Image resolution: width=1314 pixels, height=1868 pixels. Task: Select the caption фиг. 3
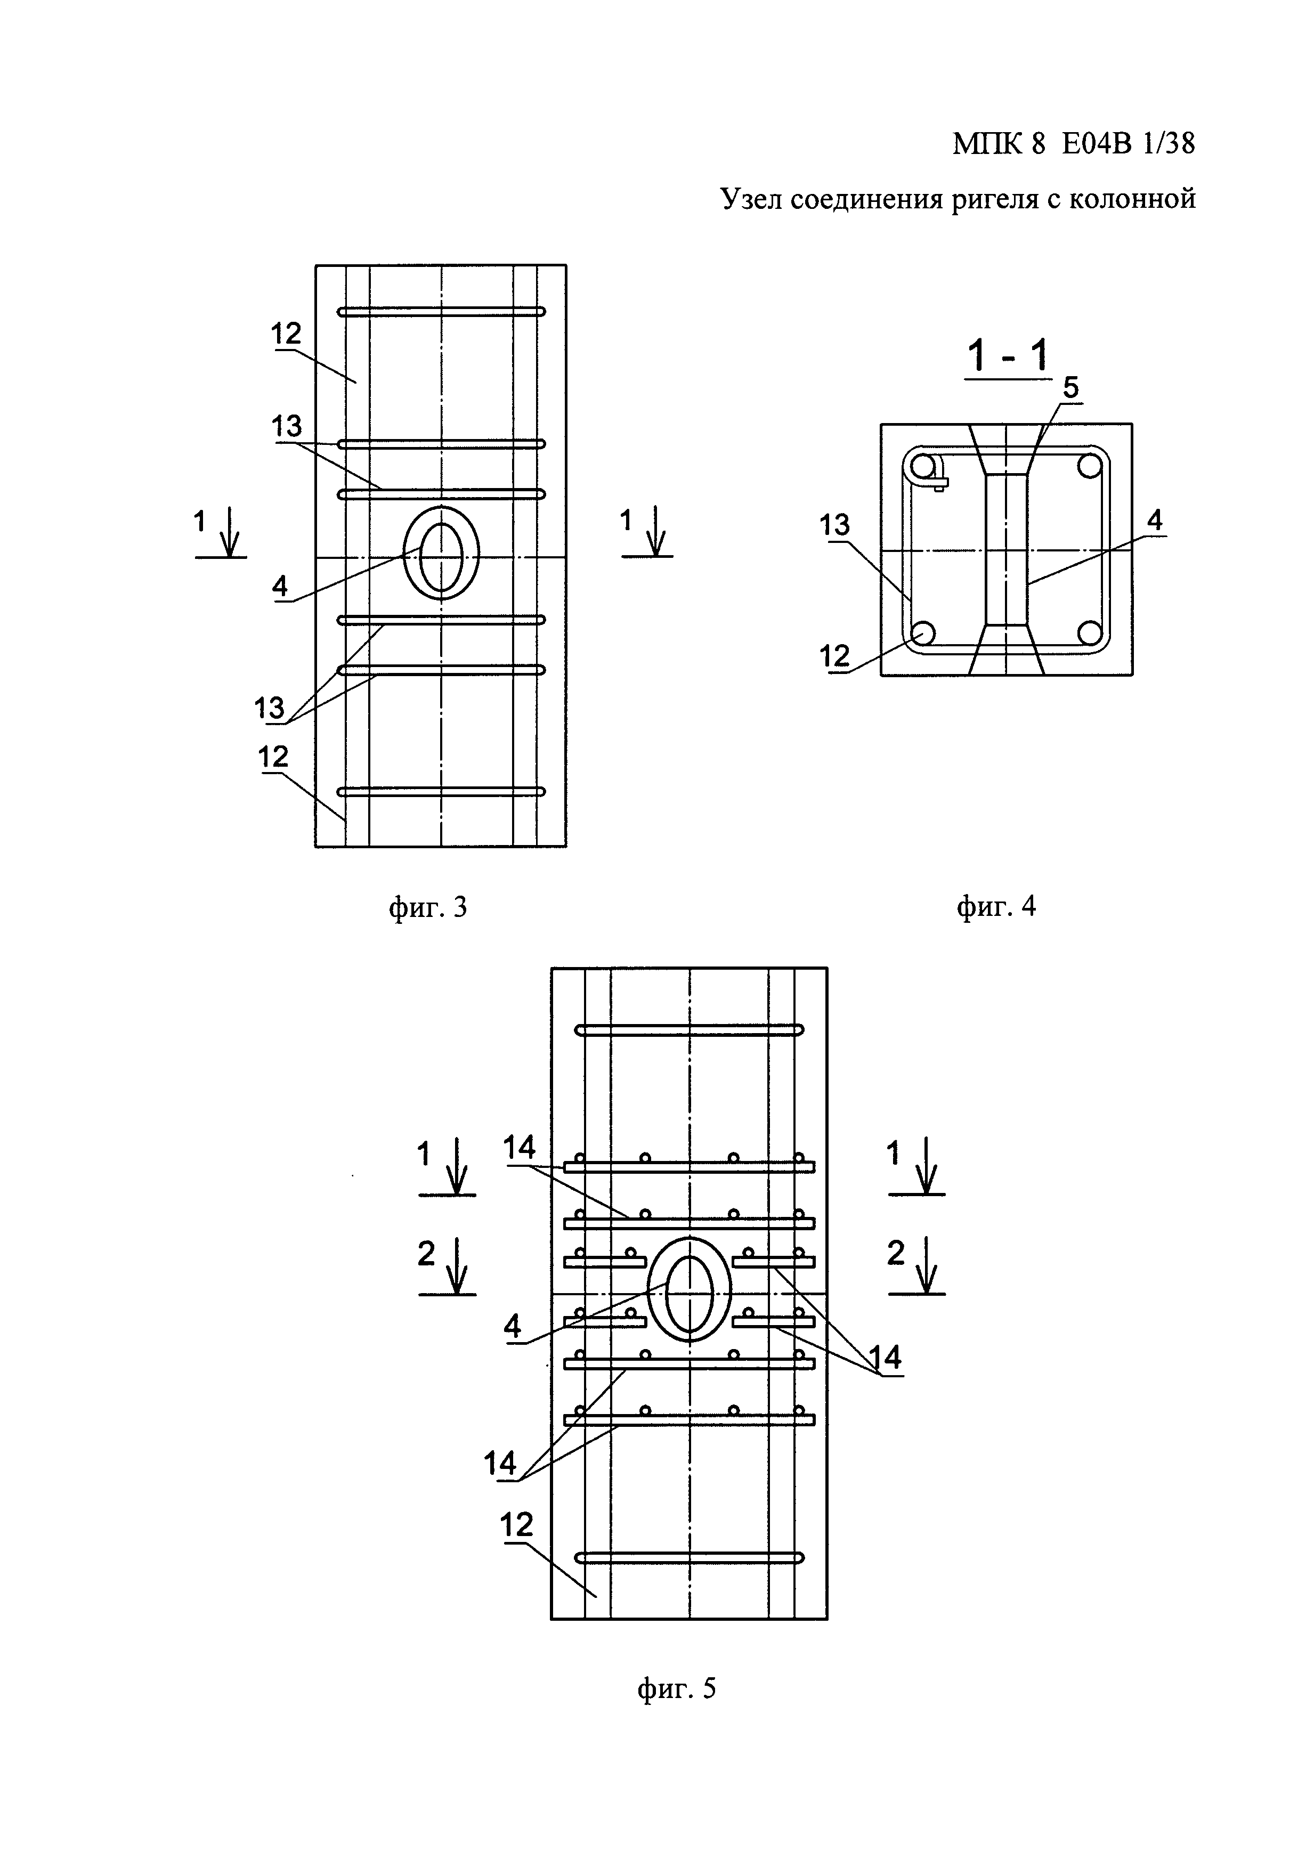[x=427, y=906]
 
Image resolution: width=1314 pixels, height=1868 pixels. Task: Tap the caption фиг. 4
[x=996, y=906]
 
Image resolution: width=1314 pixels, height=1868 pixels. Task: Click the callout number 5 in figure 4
[x=1070, y=388]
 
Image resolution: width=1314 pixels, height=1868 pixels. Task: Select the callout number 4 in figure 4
[x=1155, y=521]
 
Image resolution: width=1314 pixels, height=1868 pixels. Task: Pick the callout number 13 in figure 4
[x=835, y=525]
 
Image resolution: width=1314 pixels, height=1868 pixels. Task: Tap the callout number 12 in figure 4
[x=835, y=656]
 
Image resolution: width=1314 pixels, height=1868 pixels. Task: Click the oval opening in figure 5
[x=689, y=1294]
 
